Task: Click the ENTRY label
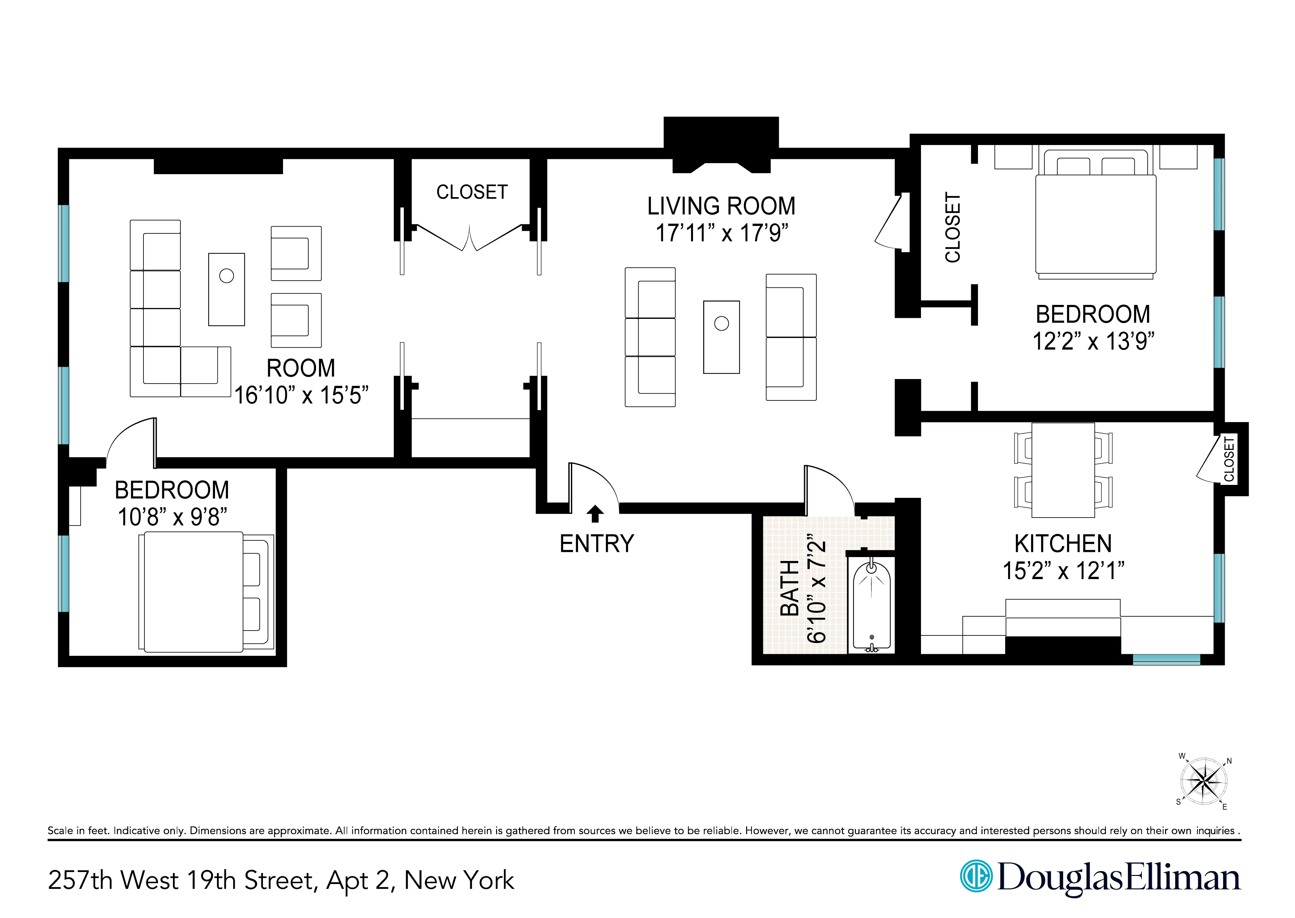(x=596, y=544)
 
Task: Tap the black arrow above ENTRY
(x=595, y=514)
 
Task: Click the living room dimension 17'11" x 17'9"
(x=721, y=233)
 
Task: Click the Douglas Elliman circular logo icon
(x=976, y=876)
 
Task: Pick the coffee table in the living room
(x=721, y=337)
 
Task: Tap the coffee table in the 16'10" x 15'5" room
(x=226, y=289)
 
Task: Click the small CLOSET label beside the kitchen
(x=1229, y=459)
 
